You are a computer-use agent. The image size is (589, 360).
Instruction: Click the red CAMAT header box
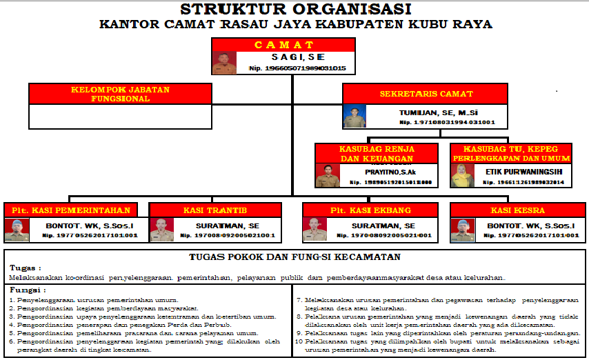283,45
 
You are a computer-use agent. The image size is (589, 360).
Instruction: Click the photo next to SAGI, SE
224,62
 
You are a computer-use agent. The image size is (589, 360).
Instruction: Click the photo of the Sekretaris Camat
355,116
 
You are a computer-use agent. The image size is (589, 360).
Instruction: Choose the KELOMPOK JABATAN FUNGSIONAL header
120,94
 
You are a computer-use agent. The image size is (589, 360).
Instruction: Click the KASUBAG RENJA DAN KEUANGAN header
376,153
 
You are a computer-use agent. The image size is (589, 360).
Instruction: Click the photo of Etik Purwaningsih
461,176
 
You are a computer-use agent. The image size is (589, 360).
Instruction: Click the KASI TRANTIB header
215,210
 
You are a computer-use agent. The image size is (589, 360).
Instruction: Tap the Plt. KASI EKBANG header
370,210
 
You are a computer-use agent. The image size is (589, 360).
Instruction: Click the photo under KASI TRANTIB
162,230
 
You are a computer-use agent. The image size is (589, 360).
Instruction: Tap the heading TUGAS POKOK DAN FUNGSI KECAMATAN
294,257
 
